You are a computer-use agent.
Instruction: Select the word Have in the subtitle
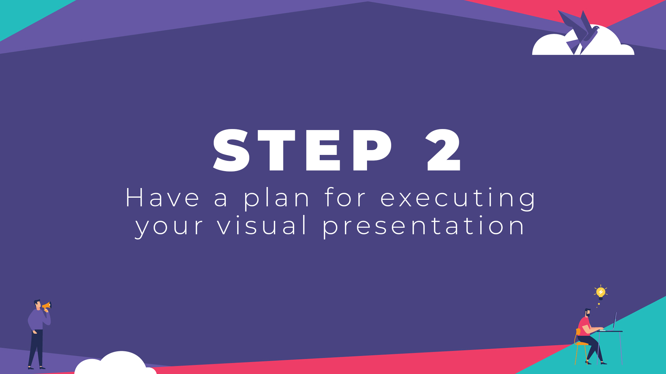tap(162, 198)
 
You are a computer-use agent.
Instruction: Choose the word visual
tap(262, 226)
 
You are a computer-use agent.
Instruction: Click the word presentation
tap(424, 226)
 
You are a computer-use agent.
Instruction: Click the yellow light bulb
tap(601, 293)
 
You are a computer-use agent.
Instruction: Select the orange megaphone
tap(47, 305)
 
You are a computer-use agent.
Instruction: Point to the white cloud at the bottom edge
tap(116, 364)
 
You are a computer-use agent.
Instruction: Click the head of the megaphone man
tap(37, 304)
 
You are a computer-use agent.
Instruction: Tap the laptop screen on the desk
tap(615, 321)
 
